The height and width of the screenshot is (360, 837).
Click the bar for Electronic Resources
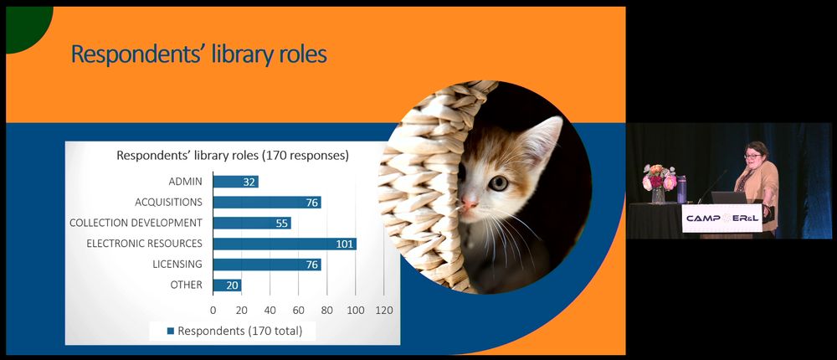[285, 244]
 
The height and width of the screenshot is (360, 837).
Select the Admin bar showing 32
[235, 182]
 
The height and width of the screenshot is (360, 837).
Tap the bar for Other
[227, 285]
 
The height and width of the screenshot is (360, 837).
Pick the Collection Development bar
[252, 224]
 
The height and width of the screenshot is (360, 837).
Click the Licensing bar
[267, 265]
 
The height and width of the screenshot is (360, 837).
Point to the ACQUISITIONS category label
[169, 203]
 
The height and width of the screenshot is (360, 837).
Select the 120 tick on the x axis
[384, 311]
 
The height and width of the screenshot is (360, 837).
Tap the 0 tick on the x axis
[213, 311]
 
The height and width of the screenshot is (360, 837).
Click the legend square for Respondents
[171, 332]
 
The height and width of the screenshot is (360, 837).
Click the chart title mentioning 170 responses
[233, 156]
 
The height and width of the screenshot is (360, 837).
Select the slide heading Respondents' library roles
[199, 54]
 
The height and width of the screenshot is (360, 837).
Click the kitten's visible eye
[498, 183]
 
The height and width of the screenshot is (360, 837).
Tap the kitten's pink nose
[470, 202]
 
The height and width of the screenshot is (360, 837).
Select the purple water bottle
[681, 189]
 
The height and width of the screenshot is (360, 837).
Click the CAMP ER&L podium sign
[721, 218]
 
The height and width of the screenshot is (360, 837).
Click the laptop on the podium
[729, 198]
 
